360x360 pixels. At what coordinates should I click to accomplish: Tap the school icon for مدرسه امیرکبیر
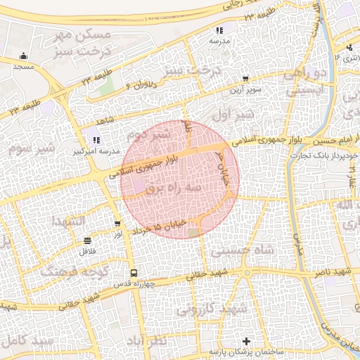pos(96,140)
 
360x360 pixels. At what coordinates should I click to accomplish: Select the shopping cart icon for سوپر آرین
pos(245,79)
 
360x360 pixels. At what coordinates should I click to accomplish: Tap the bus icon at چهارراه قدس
pos(132,273)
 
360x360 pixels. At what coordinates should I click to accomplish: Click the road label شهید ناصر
pos(333,272)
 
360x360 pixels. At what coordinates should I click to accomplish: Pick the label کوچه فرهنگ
pos(68,269)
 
